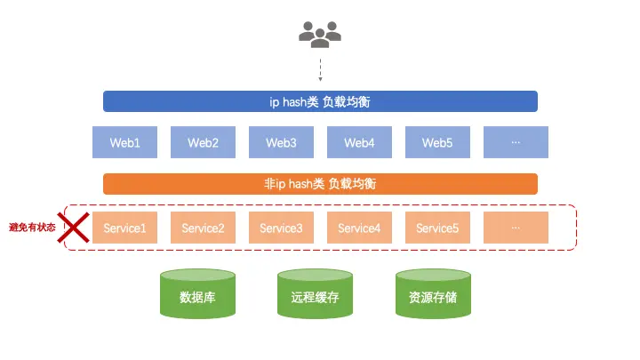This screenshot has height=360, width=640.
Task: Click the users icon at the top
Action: [x=320, y=33]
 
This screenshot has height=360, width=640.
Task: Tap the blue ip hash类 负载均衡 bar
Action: [x=320, y=101]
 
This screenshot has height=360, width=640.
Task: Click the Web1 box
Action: [x=125, y=142]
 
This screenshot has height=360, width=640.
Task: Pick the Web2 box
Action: [x=203, y=142]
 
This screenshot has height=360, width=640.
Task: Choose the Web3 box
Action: [x=281, y=142]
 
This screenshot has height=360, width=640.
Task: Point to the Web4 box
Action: [x=359, y=142]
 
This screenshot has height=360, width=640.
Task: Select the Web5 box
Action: [x=437, y=142]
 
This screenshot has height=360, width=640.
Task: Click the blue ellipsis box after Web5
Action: [x=516, y=142]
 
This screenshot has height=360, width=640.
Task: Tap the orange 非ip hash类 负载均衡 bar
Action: [x=320, y=184]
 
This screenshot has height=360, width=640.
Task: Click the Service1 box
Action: [x=125, y=228]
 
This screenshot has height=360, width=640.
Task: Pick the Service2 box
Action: [x=203, y=228]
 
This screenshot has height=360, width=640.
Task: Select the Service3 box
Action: [x=281, y=228]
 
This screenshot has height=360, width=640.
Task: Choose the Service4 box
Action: [x=359, y=228]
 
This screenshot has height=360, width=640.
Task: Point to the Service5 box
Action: [x=437, y=228]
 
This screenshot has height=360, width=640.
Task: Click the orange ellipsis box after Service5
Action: [x=516, y=228]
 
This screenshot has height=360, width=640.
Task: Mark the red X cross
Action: [x=74, y=227]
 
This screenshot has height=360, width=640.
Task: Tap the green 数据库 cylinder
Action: [x=197, y=295]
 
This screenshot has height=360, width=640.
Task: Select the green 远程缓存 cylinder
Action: [x=315, y=295]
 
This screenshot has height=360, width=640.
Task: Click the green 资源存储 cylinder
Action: [x=433, y=295]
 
